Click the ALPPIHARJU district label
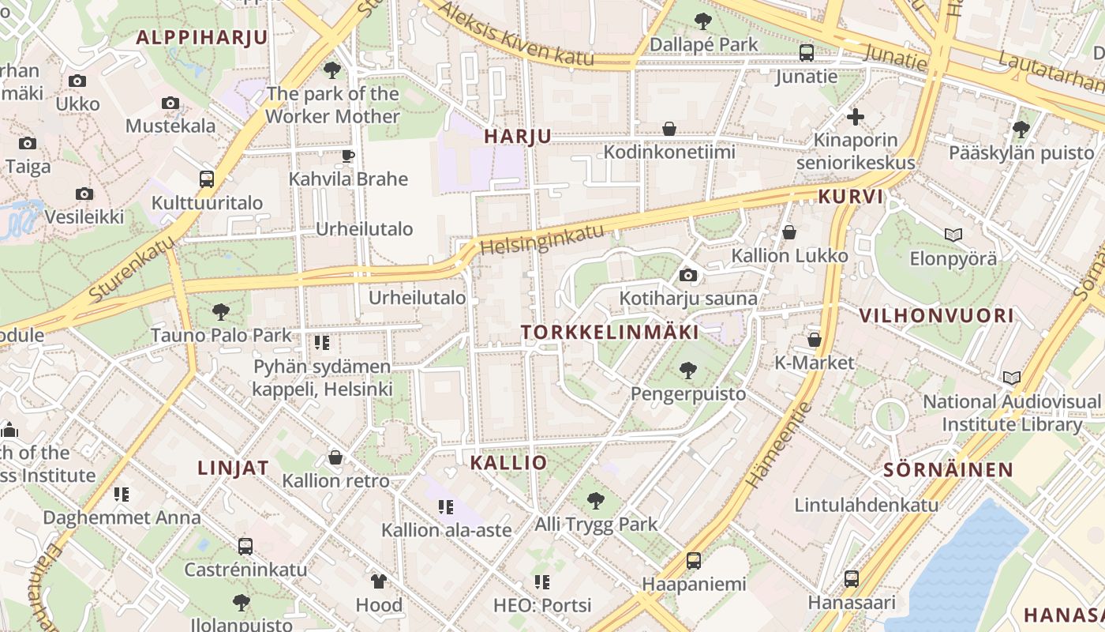202,37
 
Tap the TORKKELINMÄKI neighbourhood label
610,333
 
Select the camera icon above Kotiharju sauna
688,275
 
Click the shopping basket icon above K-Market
815,340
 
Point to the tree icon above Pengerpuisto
688,370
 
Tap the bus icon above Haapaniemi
694,561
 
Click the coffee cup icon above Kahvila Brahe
348,156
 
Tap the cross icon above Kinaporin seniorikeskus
856,118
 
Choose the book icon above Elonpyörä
953,235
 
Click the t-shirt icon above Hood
379,582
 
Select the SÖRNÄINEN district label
948,470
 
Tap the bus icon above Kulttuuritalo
207,179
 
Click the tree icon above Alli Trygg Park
596,500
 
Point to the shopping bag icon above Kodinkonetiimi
669,129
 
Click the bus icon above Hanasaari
852,579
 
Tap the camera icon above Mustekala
170,103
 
